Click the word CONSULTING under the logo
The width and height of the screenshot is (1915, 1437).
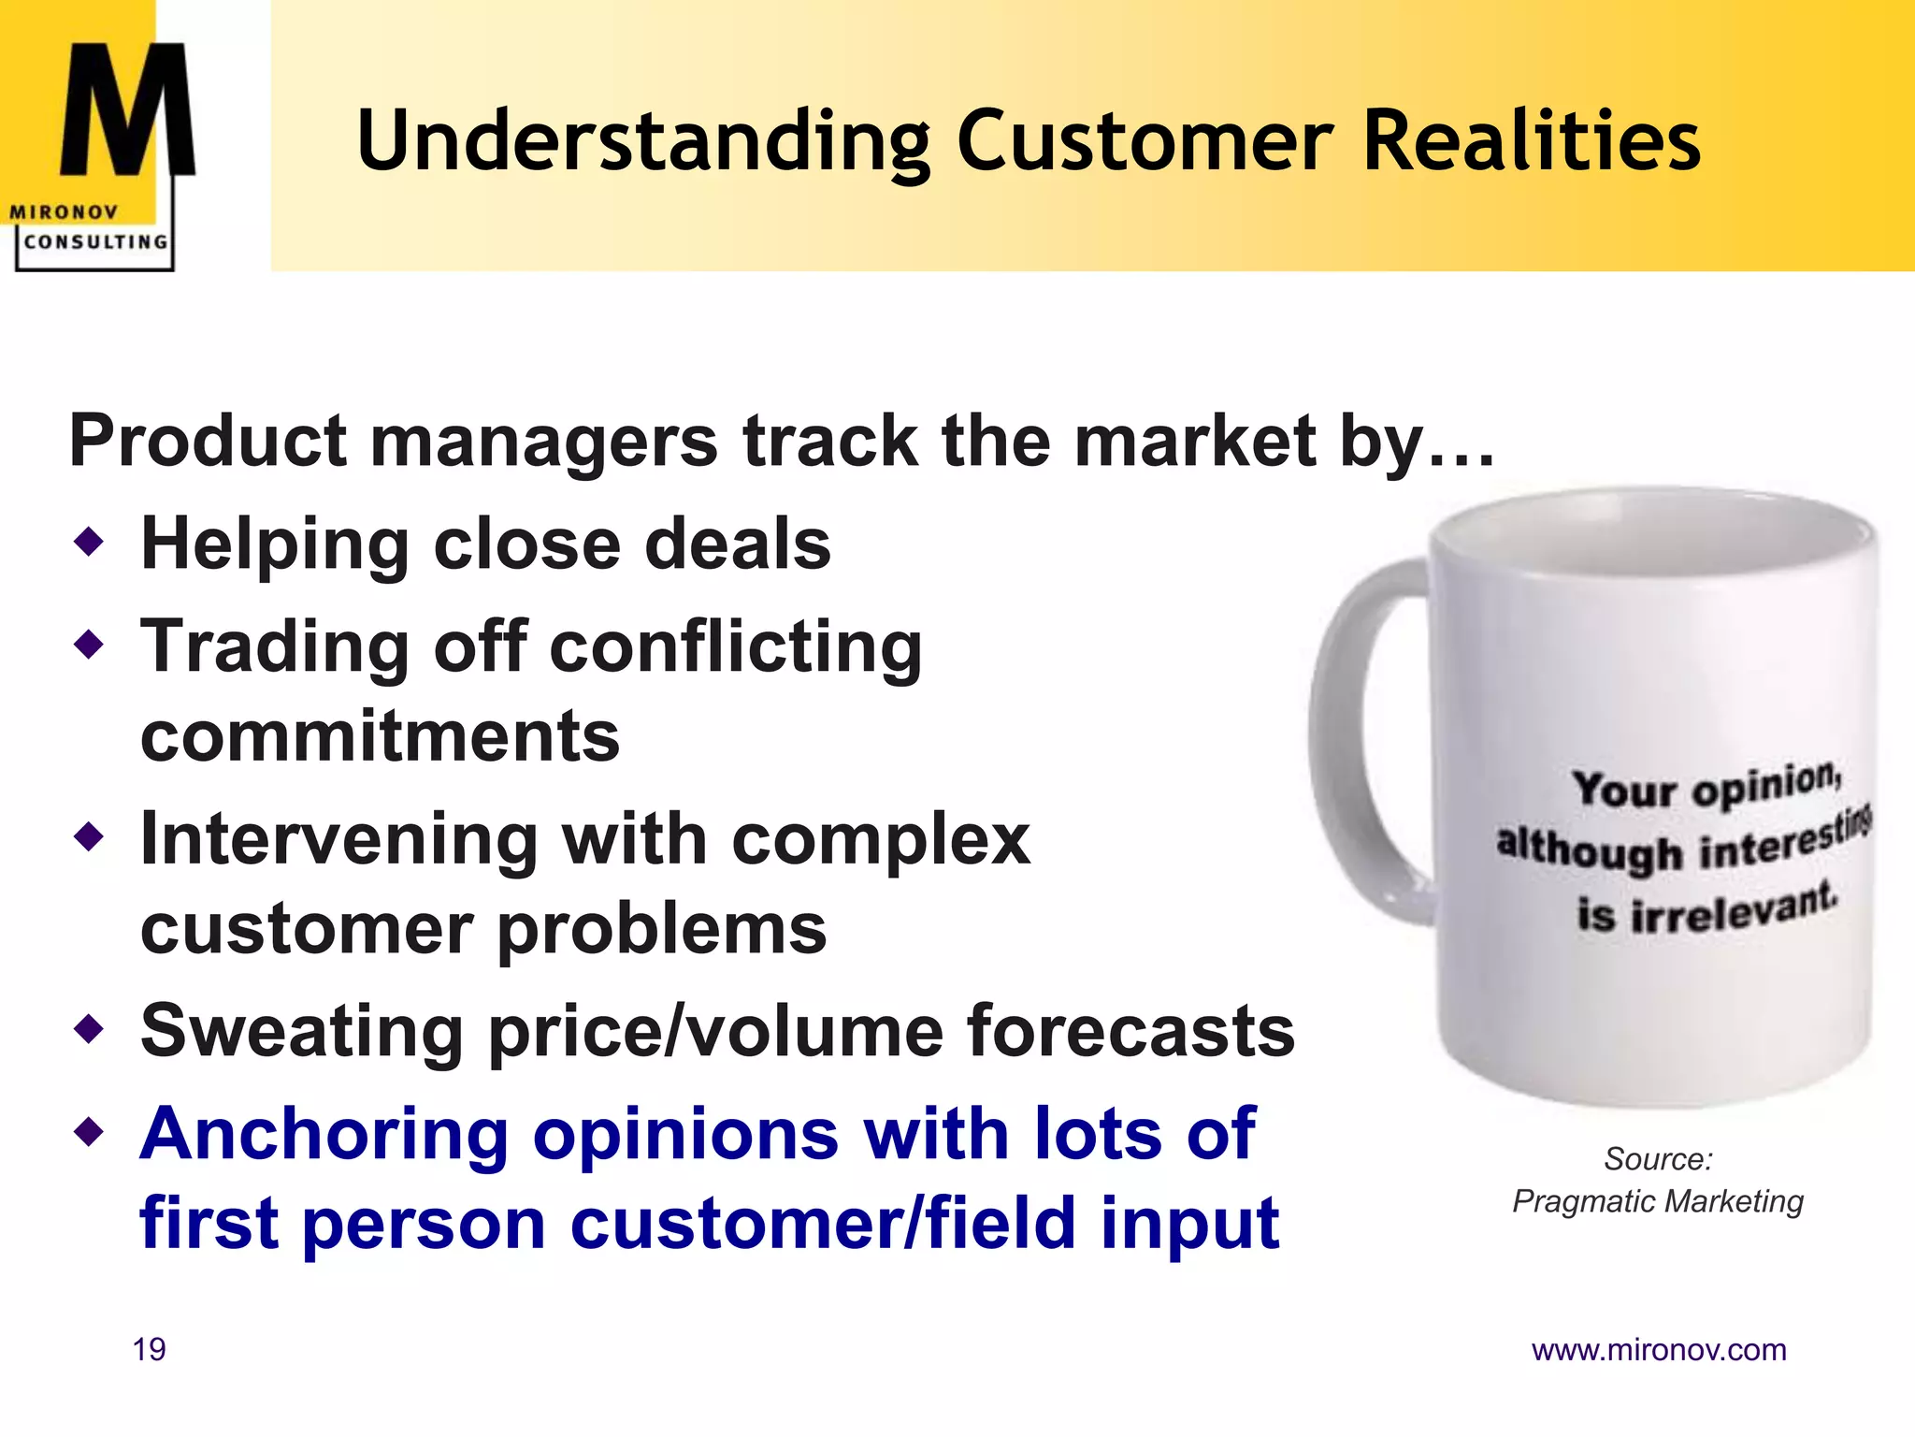(x=95, y=242)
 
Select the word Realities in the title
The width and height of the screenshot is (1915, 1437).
(x=1532, y=141)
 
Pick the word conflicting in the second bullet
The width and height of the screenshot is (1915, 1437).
(x=735, y=647)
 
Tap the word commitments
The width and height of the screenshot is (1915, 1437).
(x=380, y=736)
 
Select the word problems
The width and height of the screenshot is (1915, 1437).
(x=661, y=930)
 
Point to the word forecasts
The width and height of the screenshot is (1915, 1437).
(x=1130, y=1030)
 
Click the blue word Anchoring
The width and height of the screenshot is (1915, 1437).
(x=323, y=1134)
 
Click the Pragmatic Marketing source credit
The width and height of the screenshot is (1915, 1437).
(x=1657, y=1201)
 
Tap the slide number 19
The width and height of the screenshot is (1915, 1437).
(x=150, y=1350)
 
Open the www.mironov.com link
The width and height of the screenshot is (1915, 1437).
(x=1658, y=1350)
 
